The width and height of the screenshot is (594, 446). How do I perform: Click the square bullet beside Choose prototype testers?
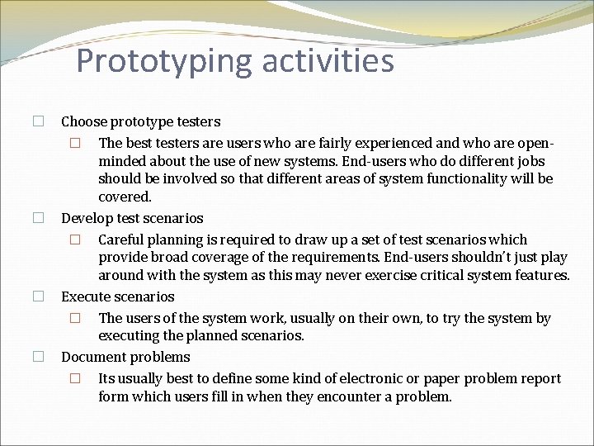click(x=38, y=121)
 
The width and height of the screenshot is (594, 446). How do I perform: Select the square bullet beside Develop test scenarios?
click(x=38, y=218)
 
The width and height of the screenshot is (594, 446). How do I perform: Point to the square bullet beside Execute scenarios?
click(x=38, y=296)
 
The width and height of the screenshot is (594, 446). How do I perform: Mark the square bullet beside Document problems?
click(x=38, y=357)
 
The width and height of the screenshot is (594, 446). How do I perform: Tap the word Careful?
click(x=122, y=240)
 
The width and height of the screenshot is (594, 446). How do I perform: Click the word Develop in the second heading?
click(x=87, y=219)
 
